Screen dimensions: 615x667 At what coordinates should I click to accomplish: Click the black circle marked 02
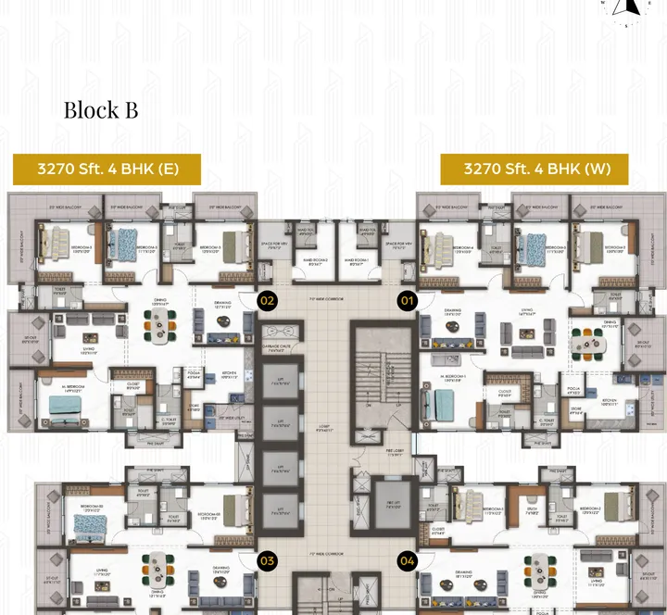pyautogui.click(x=268, y=300)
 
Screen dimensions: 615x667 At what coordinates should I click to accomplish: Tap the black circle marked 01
pyautogui.click(x=408, y=300)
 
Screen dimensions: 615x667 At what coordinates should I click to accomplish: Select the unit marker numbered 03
pyautogui.click(x=268, y=560)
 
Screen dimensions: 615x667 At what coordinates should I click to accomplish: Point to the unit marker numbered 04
pyautogui.click(x=408, y=560)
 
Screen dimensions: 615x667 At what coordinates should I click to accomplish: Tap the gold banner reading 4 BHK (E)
pyautogui.click(x=107, y=169)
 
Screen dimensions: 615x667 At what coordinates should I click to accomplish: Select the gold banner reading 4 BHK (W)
pyautogui.click(x=535, y=169)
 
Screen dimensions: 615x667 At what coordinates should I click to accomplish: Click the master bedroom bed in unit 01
pyautogui.click(x=441, y=403)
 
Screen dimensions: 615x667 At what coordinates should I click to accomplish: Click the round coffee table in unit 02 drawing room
pyautogui.click(x=223, y=320)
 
